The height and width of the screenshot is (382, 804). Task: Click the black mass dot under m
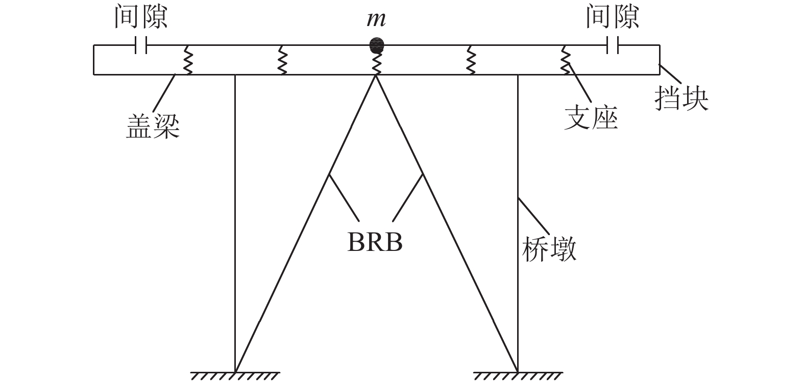tap(377, 45)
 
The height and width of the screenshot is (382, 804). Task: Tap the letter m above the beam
tap(376, 19)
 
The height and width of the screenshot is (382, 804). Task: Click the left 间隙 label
tap(141, 16)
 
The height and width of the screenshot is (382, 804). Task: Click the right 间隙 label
tap(612, 16)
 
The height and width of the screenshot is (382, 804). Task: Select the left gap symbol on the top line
tap(141, 45)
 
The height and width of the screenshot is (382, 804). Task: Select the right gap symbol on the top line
tap(613, 45)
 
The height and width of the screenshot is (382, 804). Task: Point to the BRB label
tap(375, 243)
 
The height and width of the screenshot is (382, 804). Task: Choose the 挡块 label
tap(681, 98)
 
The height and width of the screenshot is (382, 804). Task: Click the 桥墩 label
tap(549, 250)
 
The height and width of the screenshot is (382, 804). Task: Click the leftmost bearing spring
tap(187, 60)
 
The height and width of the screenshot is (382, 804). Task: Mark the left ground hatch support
tap(235, 376)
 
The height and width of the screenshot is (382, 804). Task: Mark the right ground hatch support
tap(518, 376)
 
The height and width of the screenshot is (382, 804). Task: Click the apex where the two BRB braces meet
tap(377, 75)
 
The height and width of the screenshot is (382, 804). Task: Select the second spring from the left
tap(281, 60)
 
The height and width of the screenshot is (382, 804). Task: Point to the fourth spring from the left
tap(471, 60)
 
